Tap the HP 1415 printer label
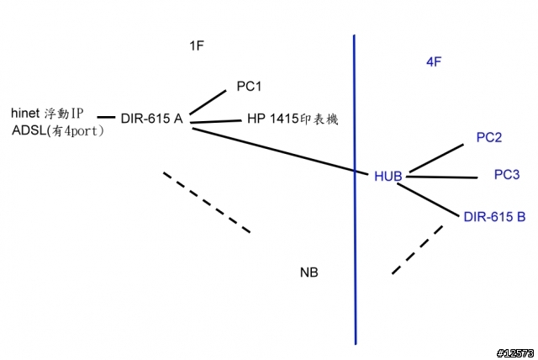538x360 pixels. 292,120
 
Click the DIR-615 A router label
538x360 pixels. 152,119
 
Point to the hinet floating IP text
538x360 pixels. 48,113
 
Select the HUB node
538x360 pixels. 388,176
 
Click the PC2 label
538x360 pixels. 489,137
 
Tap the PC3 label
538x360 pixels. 507,175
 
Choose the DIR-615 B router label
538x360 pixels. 494,216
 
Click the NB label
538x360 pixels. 309,273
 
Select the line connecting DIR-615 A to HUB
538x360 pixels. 277,149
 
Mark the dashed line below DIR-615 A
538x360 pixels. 206,202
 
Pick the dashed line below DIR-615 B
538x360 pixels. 417,249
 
